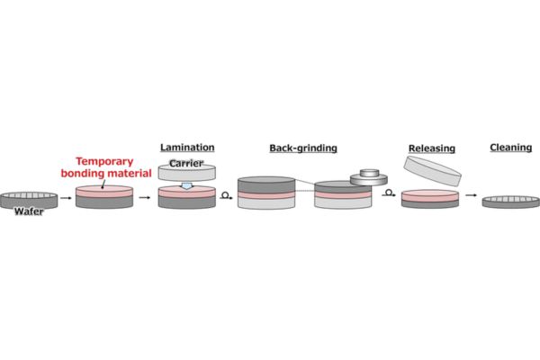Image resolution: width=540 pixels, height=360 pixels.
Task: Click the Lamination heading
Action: (186, 146)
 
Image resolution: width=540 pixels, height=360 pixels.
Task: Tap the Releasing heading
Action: (431, 148)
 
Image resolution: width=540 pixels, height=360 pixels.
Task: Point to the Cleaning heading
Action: (510, 147)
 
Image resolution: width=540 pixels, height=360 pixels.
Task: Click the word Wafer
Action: (29, 211)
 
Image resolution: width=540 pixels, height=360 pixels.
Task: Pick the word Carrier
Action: (187, 163)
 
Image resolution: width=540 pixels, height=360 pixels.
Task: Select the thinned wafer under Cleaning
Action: (510, 202)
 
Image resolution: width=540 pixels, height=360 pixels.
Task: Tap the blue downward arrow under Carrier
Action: (186, 186)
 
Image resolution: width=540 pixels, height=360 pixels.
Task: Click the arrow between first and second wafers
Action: (66, 198)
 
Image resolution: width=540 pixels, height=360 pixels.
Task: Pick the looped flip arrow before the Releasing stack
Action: (389, 193)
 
